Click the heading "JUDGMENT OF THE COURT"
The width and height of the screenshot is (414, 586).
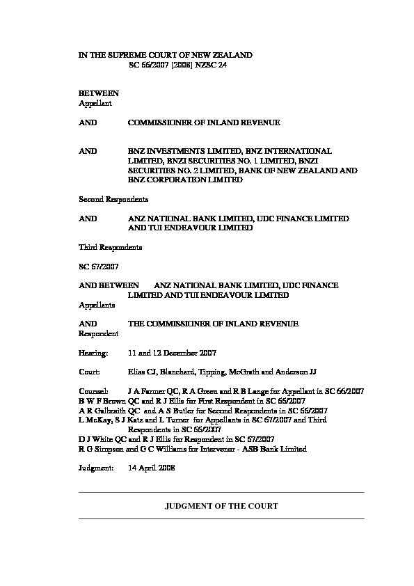click(221, 506)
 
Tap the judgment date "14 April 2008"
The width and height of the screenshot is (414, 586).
click(152, 468)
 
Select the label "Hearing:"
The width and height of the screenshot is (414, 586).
click(93, 353)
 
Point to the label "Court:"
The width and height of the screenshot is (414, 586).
click(90, 372)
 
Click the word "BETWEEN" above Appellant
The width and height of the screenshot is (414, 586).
click(98, 93)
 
